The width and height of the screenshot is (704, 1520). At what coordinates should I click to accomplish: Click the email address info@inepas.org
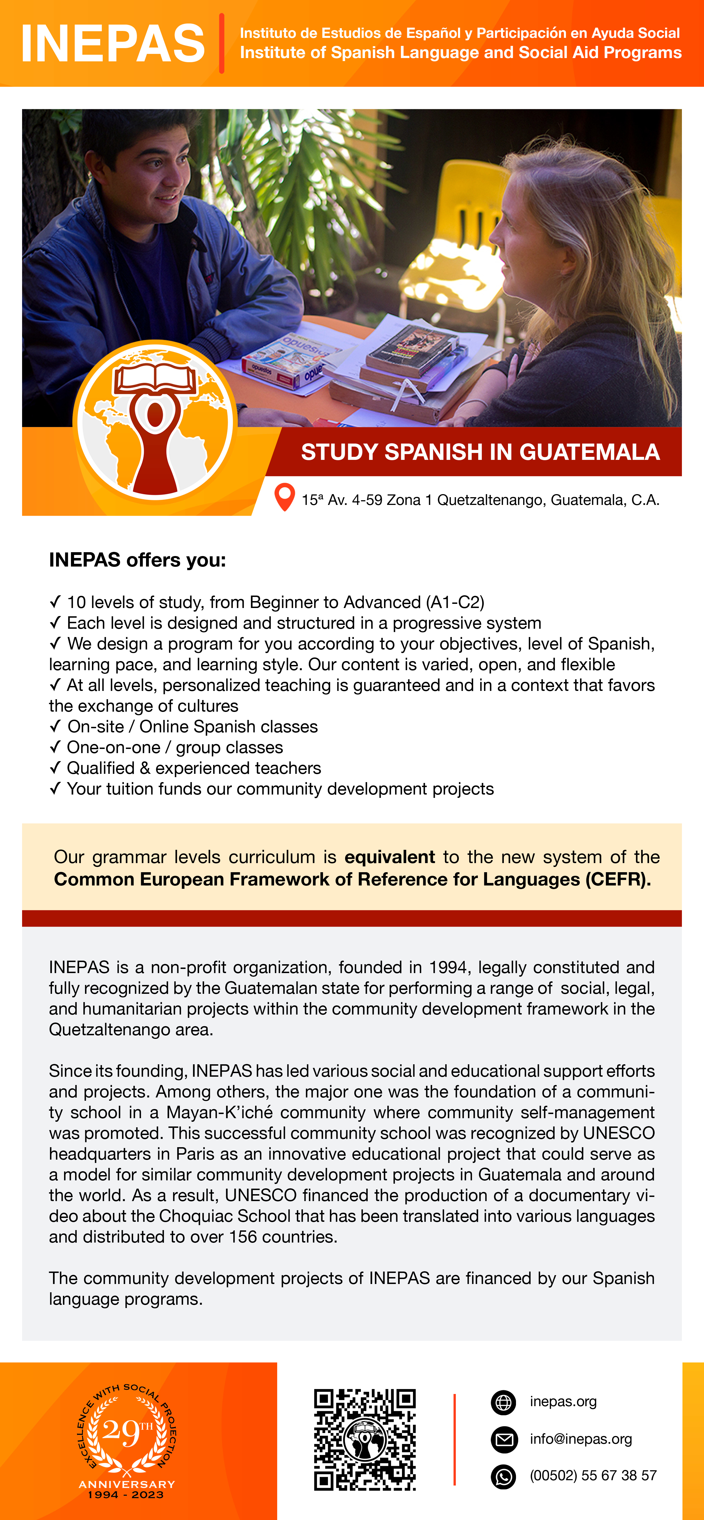click(x=581, y=1439)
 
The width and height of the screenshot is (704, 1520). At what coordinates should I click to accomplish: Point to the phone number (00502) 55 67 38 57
click(x=592, y=1476)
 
